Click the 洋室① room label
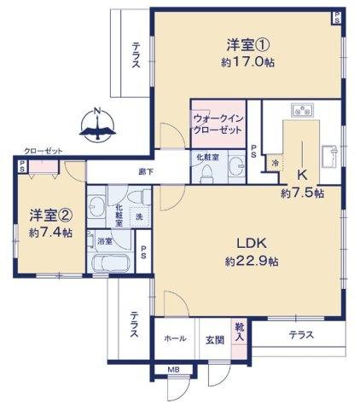tap(247, 44)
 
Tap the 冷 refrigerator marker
tap(275, 162)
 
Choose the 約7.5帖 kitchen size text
tap(302, 193)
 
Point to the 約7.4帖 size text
tap(49, 232)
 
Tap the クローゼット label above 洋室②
tap(43, 151)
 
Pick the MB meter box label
tap(174, 369)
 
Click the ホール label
tap(175, 338)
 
